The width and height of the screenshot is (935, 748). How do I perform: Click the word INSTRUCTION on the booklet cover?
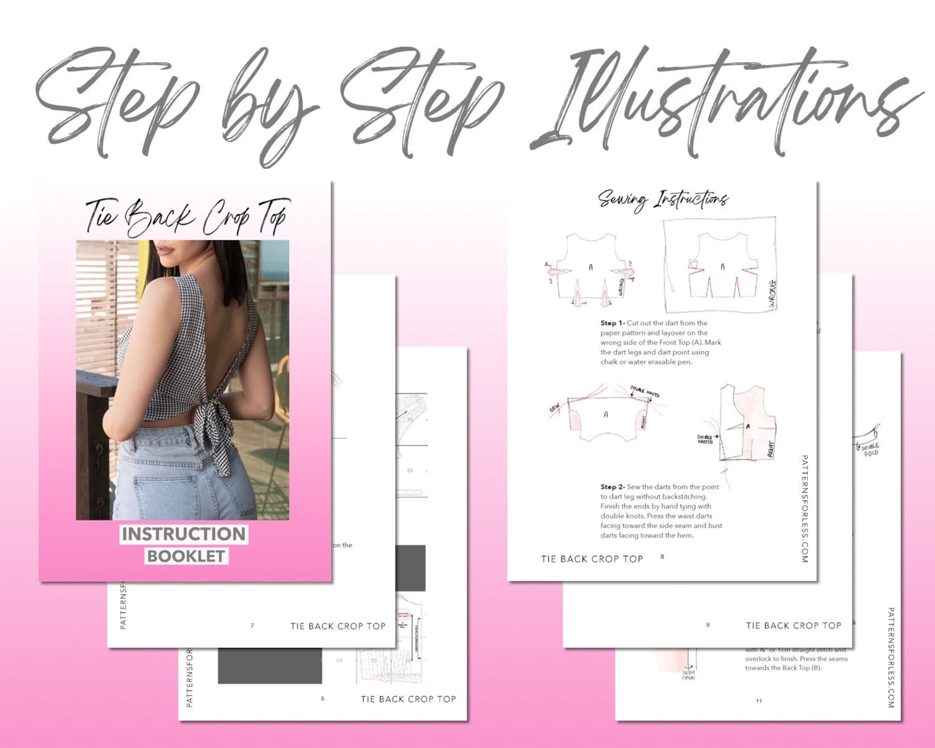(x=184, y=534)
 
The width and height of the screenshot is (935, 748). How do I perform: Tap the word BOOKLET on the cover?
(x=185, y=556)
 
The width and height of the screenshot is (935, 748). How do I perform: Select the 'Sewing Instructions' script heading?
(x=664, y=200)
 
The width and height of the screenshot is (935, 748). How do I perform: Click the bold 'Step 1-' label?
(x=612, y=323)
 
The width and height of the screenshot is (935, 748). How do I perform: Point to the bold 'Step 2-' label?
(x=612, y=487)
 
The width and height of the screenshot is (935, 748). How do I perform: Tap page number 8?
(x=662, y=557)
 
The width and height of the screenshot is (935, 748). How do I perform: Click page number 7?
(x=252, y=625)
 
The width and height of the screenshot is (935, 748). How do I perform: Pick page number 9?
(x=708, y=625)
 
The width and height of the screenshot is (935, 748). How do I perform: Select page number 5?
(x=322, y=699)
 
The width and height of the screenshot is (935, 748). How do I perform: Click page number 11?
(x=759, y=701)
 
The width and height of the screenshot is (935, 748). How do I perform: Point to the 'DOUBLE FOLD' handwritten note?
(x=870, y=449)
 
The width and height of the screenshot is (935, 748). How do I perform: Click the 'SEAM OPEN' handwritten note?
(x=688, y=675)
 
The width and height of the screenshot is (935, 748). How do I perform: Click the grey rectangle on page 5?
(x=270, y=666)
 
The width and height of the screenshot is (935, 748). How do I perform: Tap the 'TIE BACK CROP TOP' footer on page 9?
(x=793, y=625)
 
